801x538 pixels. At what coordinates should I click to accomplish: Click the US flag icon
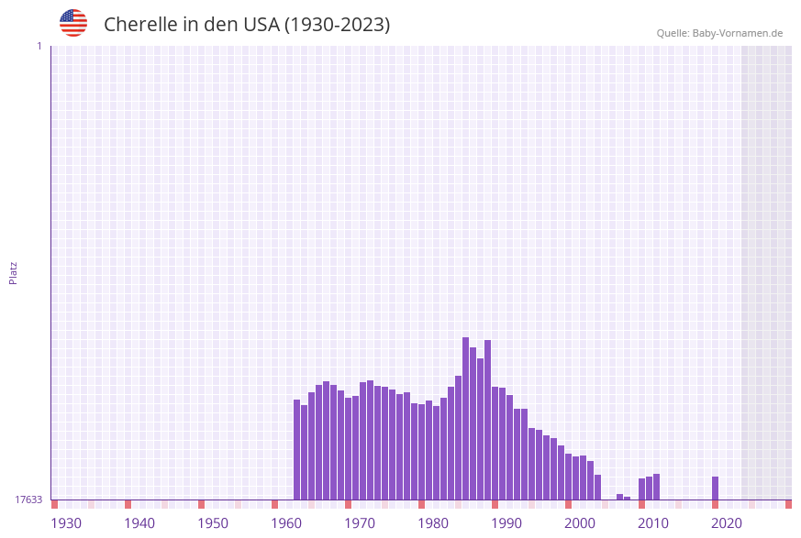[73, 23]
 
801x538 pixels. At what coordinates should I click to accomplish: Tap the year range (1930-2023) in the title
[337, 25]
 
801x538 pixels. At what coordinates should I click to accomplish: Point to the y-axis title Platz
[14, 272]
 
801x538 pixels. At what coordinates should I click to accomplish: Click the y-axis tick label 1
[39, 46]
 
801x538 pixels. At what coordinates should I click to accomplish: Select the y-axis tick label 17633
[28, 500]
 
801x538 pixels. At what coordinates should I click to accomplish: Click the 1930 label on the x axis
[66, 523]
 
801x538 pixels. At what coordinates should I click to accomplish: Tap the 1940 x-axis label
[139, 523]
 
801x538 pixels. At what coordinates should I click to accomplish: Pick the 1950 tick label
[213, 523]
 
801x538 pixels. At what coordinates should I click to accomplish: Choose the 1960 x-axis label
[286, 523]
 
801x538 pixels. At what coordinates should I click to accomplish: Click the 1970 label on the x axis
[360, 523]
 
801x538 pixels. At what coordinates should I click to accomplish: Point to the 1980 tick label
[433, 523]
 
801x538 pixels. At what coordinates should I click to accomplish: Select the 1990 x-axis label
[506, 523]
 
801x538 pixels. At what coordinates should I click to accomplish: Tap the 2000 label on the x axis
[580, 523]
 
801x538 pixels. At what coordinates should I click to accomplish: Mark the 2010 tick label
[653, 523]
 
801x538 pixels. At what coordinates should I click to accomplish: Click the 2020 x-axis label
[727, 523]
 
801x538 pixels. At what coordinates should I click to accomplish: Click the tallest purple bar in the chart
[465, 418]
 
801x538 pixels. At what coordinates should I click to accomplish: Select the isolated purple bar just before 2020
[715, 489]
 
